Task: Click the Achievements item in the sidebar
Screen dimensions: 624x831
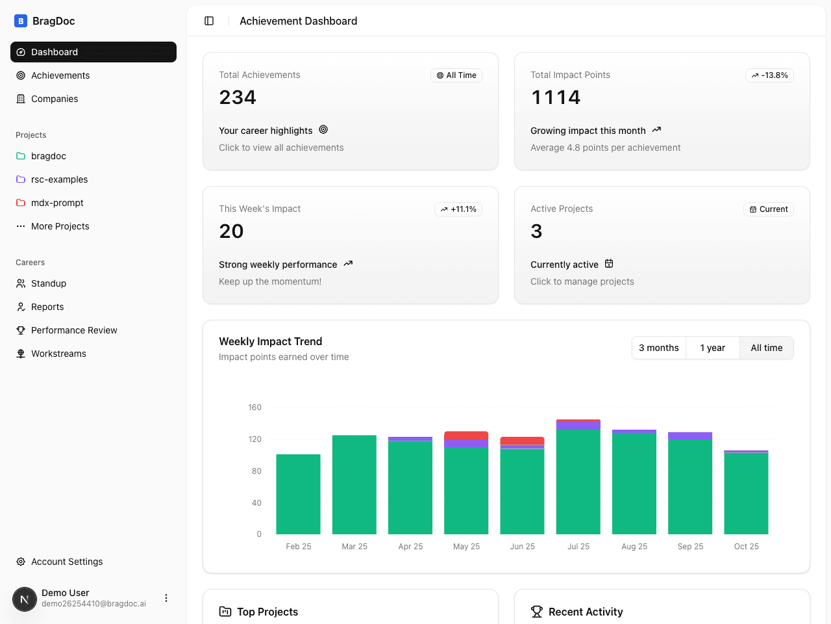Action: pyautogui.click(x=60, y=75)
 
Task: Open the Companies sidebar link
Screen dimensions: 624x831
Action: pyautogui.click(x=55, y=99)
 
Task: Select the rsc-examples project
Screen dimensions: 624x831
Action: pyautogui.click(x=59, y=179)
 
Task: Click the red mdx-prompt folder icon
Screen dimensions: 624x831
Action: pyautogui.click(x=21, y=203)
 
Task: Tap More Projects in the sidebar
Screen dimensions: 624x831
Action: pyautogui.click(x=60, y=226)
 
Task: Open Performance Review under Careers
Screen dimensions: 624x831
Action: pyautogui.click(x=74, y=330)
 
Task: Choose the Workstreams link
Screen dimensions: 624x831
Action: pyautogui.click(x=58, y=354)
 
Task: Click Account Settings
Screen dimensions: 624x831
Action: pyautogui.click(x=67, y=562)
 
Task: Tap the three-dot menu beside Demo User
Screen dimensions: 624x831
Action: pyautogui.click(x=166, y=598)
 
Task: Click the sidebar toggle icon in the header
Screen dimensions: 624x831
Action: pyautogui.click(x=209, y=21)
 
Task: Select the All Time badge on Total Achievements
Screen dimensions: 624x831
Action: pyautogui.click(x=456, y=75)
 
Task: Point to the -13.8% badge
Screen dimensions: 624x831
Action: pyautogui.click(x=769, y=75)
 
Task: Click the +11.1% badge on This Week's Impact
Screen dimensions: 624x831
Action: pyautogui.click(x=458, y=209)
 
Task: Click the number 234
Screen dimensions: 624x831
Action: pyautogui.click(x=238, y=97)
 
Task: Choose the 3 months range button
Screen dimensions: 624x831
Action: pyautogui.click(x=658, y=348)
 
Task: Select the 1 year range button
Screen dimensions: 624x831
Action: pyautogui.click(x=712, y=348)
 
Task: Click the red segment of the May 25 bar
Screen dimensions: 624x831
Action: pyautogui.click(x=466, y=435)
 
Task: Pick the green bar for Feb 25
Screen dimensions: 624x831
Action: pyautogui.click(x=298, y=494)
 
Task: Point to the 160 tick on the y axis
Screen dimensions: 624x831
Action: pyautogui.click(x=254, y=408)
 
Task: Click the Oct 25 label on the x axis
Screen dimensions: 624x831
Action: pyautogui.click(x=746, y=547)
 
